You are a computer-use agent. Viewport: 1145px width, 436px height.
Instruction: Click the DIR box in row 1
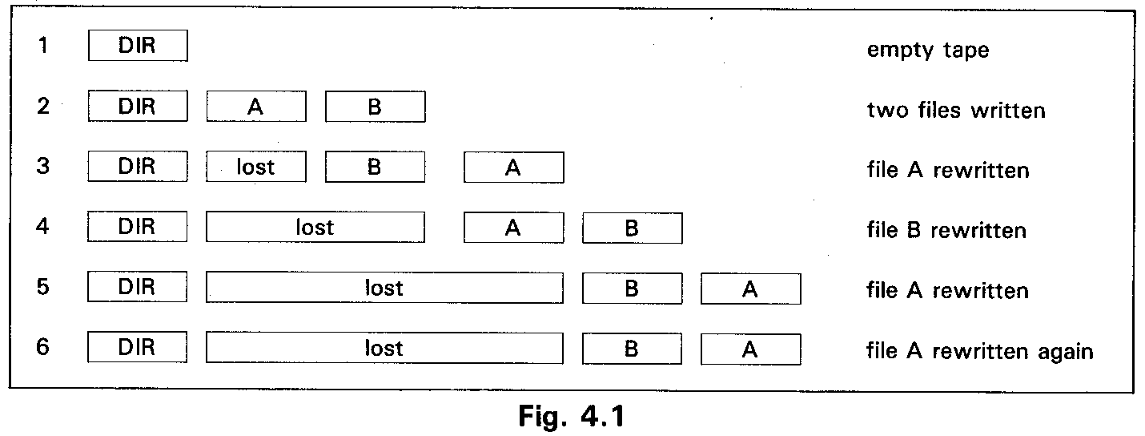137,46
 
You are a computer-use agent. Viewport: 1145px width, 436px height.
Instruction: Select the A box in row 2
256,107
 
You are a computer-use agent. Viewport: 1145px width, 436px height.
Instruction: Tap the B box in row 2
375,107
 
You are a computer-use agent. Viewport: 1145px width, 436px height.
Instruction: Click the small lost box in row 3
256,167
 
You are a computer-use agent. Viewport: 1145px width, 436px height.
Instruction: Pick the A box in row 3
513,168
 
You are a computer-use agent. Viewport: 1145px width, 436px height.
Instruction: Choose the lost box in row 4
315,228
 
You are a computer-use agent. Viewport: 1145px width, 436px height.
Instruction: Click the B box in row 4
632,228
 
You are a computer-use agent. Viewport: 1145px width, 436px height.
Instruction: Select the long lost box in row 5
384,288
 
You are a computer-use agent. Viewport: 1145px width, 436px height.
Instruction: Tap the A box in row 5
750,289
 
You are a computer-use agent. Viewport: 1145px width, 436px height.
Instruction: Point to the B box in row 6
632,349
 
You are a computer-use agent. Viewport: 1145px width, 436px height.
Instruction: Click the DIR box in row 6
137,349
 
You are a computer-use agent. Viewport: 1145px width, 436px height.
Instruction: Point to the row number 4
43,227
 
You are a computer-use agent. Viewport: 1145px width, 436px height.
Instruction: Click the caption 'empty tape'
928,50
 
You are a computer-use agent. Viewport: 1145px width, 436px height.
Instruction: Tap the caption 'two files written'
956,110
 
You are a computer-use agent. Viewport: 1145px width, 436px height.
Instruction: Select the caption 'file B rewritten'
946,231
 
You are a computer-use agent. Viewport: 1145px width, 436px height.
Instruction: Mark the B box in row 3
375,167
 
